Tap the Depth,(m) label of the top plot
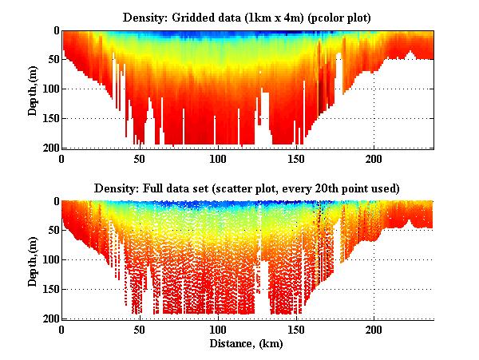(33, 89)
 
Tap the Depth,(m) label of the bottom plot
(33, 260)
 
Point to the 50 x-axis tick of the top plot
(140, 158)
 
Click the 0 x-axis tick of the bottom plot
(62, 329)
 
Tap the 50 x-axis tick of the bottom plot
(140, 329)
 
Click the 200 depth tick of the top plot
(50, 148)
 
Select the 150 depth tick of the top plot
(50, 118)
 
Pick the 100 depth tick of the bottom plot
(50, 259)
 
